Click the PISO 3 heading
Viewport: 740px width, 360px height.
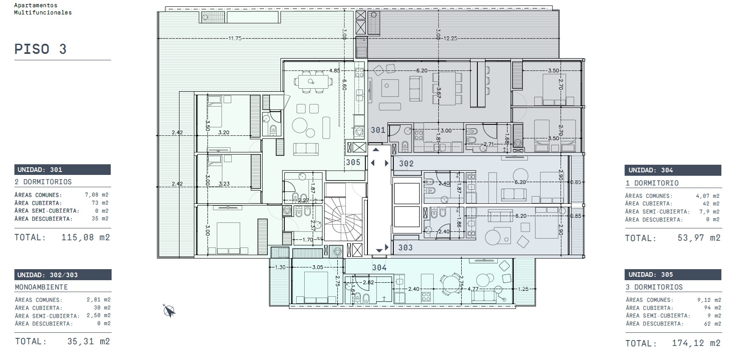click(41, 49)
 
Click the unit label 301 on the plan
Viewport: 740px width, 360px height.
click(378, 130)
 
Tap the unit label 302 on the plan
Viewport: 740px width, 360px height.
click(406, 163)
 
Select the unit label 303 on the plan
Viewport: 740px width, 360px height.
click(405, 247)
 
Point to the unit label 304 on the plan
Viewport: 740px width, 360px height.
click(379, 267)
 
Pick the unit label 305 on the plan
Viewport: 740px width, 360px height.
click(353, 162)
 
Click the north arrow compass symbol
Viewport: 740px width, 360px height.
click(169, 311)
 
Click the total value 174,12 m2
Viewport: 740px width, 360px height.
click(696, 343)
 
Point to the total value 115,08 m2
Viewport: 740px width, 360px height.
click(86, 237)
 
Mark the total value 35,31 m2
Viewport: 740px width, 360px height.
click(89, 341)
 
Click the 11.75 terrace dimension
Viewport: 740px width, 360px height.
click(235, 38)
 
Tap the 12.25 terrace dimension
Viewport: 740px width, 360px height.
click(450, 38)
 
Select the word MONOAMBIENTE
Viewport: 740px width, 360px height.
click(42, 287)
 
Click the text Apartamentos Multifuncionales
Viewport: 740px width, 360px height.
click(43, 9)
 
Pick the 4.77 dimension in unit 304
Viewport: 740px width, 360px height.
click(473, 289)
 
